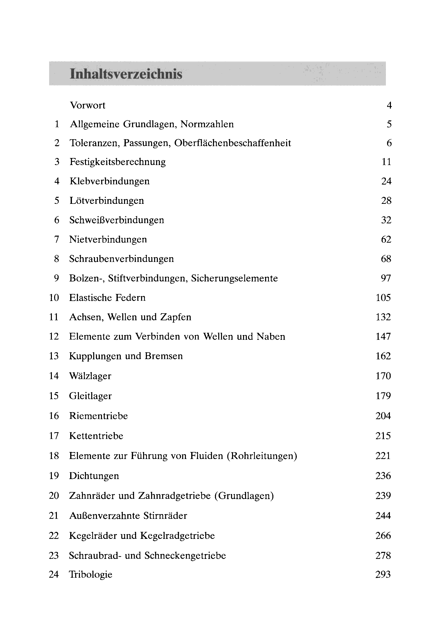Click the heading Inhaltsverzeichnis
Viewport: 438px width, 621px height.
pyautogui.click(x=126, y=74)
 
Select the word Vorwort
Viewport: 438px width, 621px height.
pyautogui.click(x=87, y=105)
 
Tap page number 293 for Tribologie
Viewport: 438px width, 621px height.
pyautogui.click(x=383, y=574)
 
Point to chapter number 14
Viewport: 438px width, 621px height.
pyautogui.click(x=54, y=376)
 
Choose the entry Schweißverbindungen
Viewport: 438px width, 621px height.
pyautogui.click(x=117, y=220)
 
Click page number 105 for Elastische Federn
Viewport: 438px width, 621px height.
pyautogui.click(x=383, y=298)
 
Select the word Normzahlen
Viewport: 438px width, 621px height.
pyautogui.click(x=207, y=124)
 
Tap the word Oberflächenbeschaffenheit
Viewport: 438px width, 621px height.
pyautogui.click(x=233, y=143)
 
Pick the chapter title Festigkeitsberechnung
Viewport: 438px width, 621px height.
pyautogui.click(x=118, y=162)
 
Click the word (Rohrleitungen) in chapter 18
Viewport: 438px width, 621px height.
pyautogui.click(x=262, y=456)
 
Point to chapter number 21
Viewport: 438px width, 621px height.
pyautogui.click(x=54, y=516)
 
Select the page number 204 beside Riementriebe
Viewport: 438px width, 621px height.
pyautogui.click(x=383, y=416)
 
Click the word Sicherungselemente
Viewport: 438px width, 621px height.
pyautogui.click(x=235, y=278)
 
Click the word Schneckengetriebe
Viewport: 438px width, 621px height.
pyautogui.click(x=185, y=556)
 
